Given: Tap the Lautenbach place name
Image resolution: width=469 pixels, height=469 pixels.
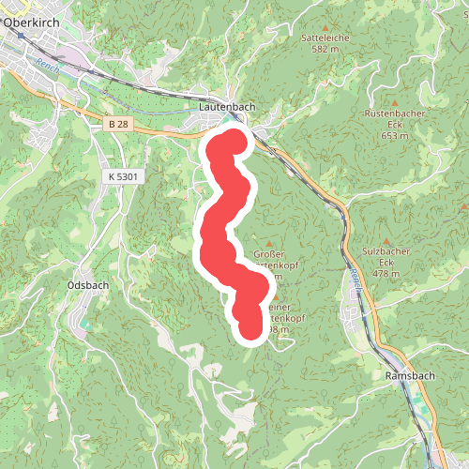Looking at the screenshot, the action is [x=227, y=108].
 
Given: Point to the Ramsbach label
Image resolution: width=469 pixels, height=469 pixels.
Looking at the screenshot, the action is [x=410, y=375].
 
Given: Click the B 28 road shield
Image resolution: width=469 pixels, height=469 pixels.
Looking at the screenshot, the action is [x=117, y=125].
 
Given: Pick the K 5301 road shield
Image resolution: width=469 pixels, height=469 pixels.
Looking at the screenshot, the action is [x=122, y=175].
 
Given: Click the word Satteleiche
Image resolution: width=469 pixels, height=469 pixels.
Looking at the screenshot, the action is [x=324, y=38].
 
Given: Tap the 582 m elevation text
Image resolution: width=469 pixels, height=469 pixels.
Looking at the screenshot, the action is [x=324, y=49].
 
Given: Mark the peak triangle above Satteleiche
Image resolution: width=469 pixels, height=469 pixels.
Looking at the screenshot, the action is [x=325, y=27].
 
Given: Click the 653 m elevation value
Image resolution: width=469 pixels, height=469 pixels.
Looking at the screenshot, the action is [x=395, y=135].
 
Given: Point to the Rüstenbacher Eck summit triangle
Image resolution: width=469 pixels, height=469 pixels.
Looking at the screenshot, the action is [x=395, y=101].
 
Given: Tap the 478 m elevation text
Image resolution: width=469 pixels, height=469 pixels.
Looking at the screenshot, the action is [x=386, y=274].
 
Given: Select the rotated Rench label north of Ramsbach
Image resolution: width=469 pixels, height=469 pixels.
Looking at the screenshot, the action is [x=356, y=278].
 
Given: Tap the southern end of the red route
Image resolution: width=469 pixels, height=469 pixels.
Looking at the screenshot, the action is [x=250, y=329].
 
